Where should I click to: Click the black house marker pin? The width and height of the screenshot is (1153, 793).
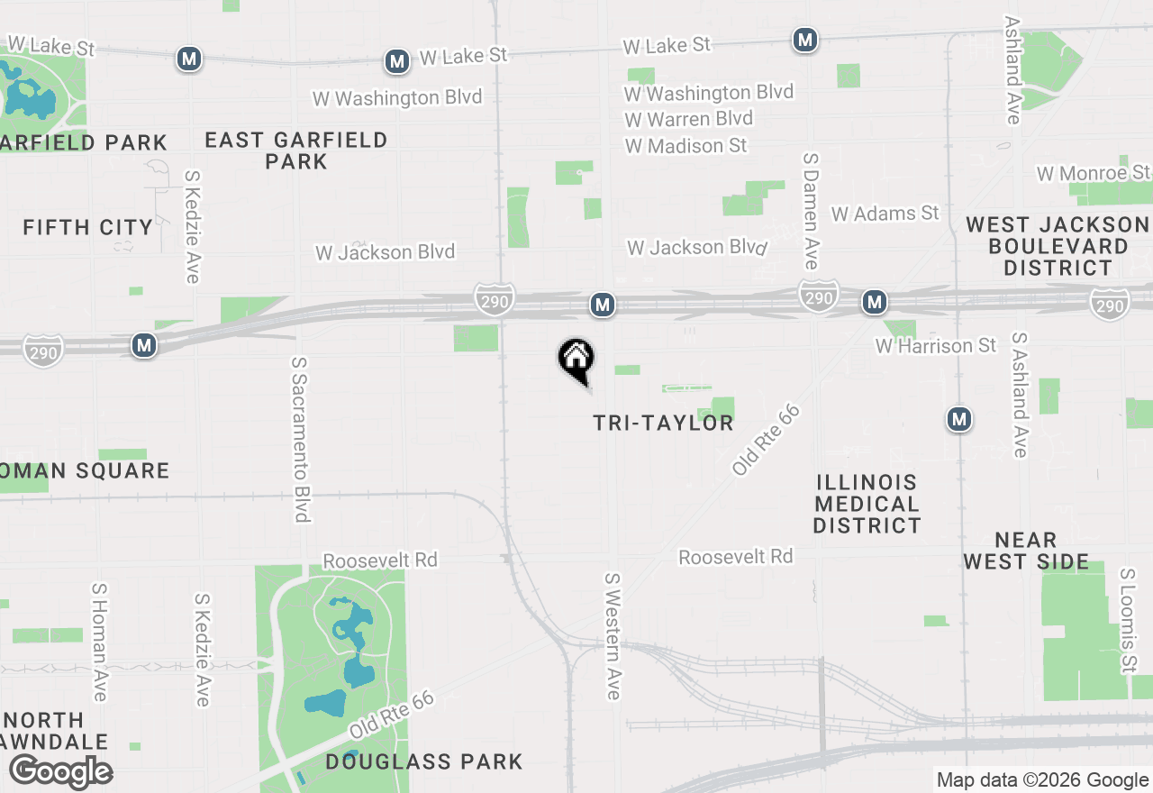click(x=576, y=360)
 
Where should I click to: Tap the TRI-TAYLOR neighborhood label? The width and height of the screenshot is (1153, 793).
click(x=663, y=423)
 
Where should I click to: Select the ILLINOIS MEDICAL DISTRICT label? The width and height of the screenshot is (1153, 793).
click(x=867, y=504)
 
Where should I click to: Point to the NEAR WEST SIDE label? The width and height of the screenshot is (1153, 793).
click(x=1025, y=551)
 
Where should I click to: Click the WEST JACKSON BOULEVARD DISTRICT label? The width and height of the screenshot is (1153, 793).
click(x=1058, y=246)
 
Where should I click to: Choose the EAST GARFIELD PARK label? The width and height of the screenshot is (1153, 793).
click(x=295, y=150)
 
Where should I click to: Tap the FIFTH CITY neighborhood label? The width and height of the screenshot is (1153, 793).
click(x=87, y=227)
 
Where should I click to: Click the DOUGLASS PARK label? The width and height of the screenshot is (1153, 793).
click(x=423, y=761)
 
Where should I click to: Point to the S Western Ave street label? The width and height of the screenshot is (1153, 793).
click(x=613, y=635)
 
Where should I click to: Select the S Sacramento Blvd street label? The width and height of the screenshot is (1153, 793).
click(x=300, y=439)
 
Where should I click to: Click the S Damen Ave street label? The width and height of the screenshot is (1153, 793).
click(x=810, y=210)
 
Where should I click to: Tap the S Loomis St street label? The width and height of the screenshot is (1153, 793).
click(x=1127, y=620)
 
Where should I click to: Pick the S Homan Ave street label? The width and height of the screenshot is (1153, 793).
click(x=99, y=641)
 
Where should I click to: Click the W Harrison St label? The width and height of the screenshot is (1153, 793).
click(x=936, y=346)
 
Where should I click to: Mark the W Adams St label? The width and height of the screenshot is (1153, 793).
click(x=885, y=214)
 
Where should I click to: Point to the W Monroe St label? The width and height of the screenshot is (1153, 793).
click(x=1093, y=173)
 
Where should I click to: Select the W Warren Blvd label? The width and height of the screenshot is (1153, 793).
click(x=688, y=119)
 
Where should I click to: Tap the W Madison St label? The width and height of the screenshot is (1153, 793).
click(x=685, y=145)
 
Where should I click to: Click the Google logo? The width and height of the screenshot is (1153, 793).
click(x=60, y=771)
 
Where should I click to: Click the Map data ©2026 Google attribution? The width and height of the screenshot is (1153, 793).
click(x=1041, y=780)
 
